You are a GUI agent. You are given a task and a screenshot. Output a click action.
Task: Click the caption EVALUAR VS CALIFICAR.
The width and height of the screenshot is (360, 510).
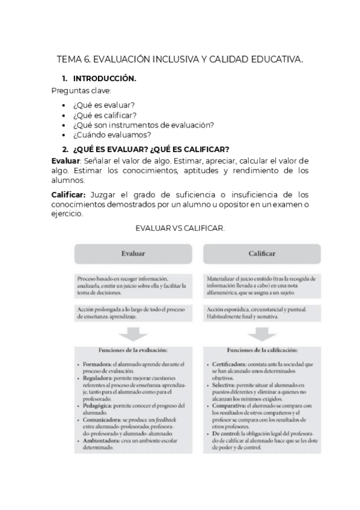[180, 229]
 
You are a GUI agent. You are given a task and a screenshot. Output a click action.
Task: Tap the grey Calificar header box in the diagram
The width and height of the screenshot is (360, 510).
[261, 253]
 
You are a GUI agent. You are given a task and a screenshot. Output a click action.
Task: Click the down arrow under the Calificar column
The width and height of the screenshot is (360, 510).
[261, 334]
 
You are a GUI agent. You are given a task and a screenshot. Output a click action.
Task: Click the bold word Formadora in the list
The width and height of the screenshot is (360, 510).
[98, 364]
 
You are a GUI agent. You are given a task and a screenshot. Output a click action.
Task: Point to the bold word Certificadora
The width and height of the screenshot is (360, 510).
[232, 364]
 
